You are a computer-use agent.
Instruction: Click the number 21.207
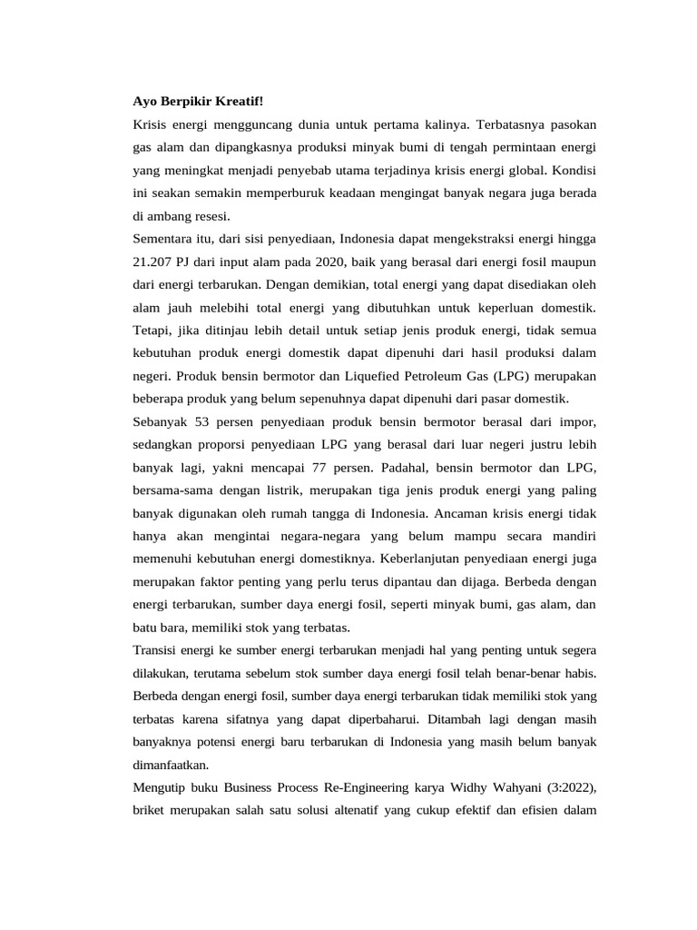tap(153, 263)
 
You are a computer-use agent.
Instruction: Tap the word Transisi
tap(157, 650)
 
